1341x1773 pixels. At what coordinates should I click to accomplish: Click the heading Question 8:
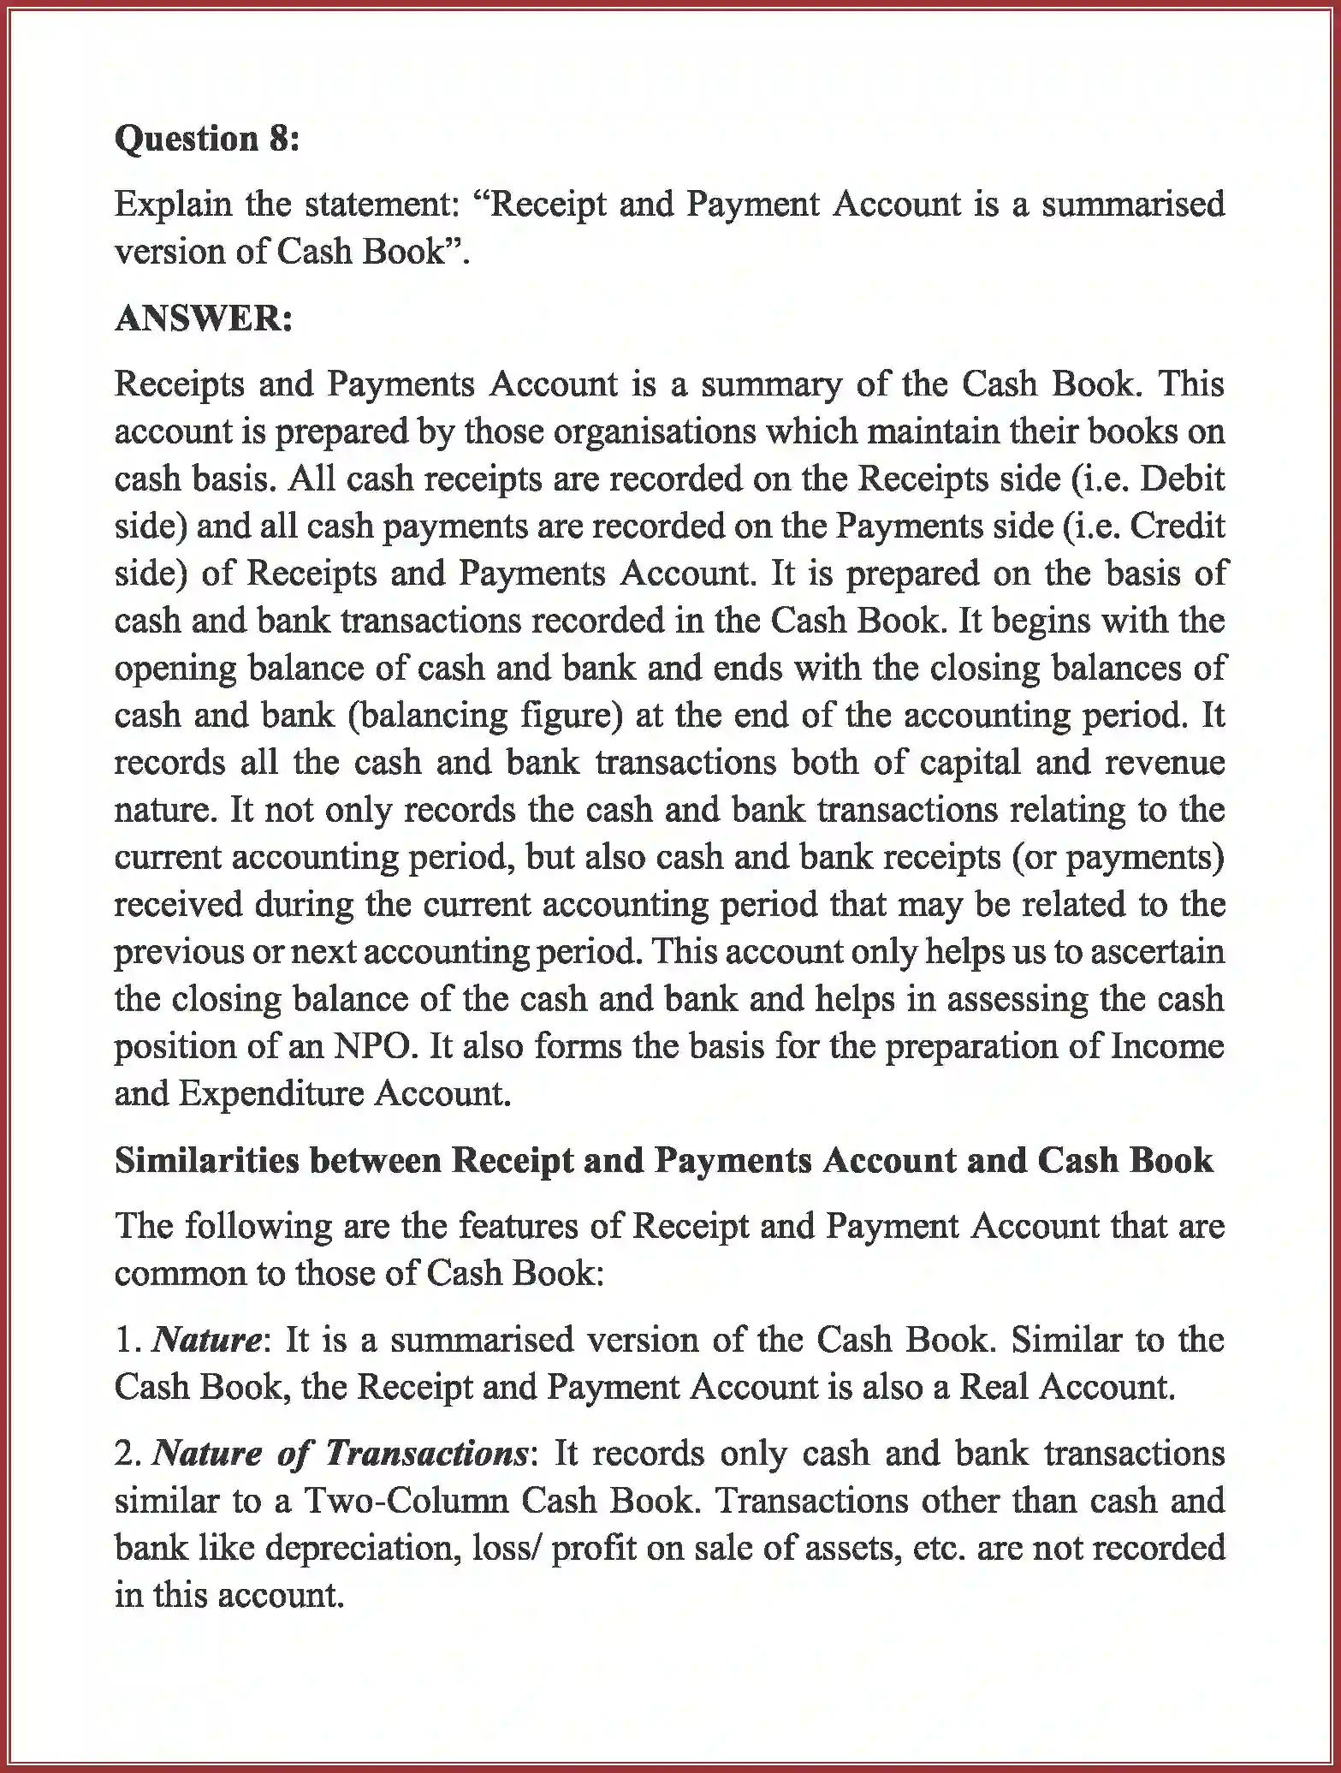pos(207,139)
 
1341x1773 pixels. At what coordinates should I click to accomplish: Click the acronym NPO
pos(373,1046)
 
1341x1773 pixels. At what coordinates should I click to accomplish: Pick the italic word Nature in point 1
pos(206,1339)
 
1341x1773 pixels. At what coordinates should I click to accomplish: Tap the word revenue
pos(1164,762)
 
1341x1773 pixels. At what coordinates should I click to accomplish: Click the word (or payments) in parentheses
pos(1117,857)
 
